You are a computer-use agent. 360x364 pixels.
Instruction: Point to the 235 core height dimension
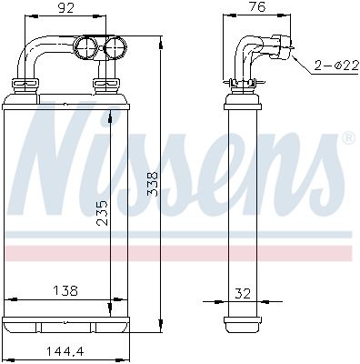tap(103, 213)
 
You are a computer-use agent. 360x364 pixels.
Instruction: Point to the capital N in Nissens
tap(64, 159)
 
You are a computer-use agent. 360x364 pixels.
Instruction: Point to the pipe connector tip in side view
tap(288, 43)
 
